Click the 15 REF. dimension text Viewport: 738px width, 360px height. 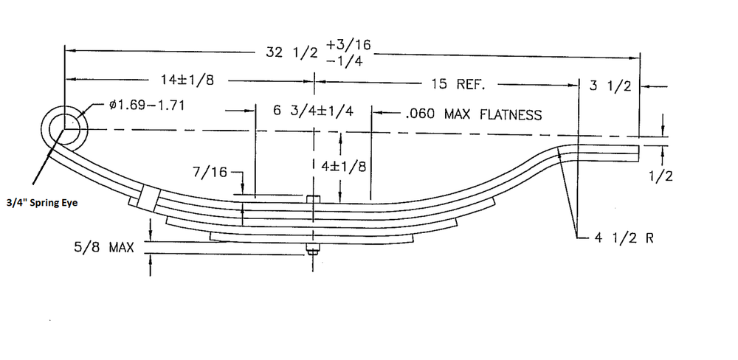point(458,84)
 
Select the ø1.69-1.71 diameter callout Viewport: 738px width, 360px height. point(146,105)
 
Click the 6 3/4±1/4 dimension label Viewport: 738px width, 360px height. point(313,111)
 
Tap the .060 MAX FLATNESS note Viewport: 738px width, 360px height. point(473,114)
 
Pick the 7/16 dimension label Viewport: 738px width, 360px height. point(210,172)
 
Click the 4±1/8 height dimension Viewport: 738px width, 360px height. point(345,166)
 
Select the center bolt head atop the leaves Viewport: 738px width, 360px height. point(314,198)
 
